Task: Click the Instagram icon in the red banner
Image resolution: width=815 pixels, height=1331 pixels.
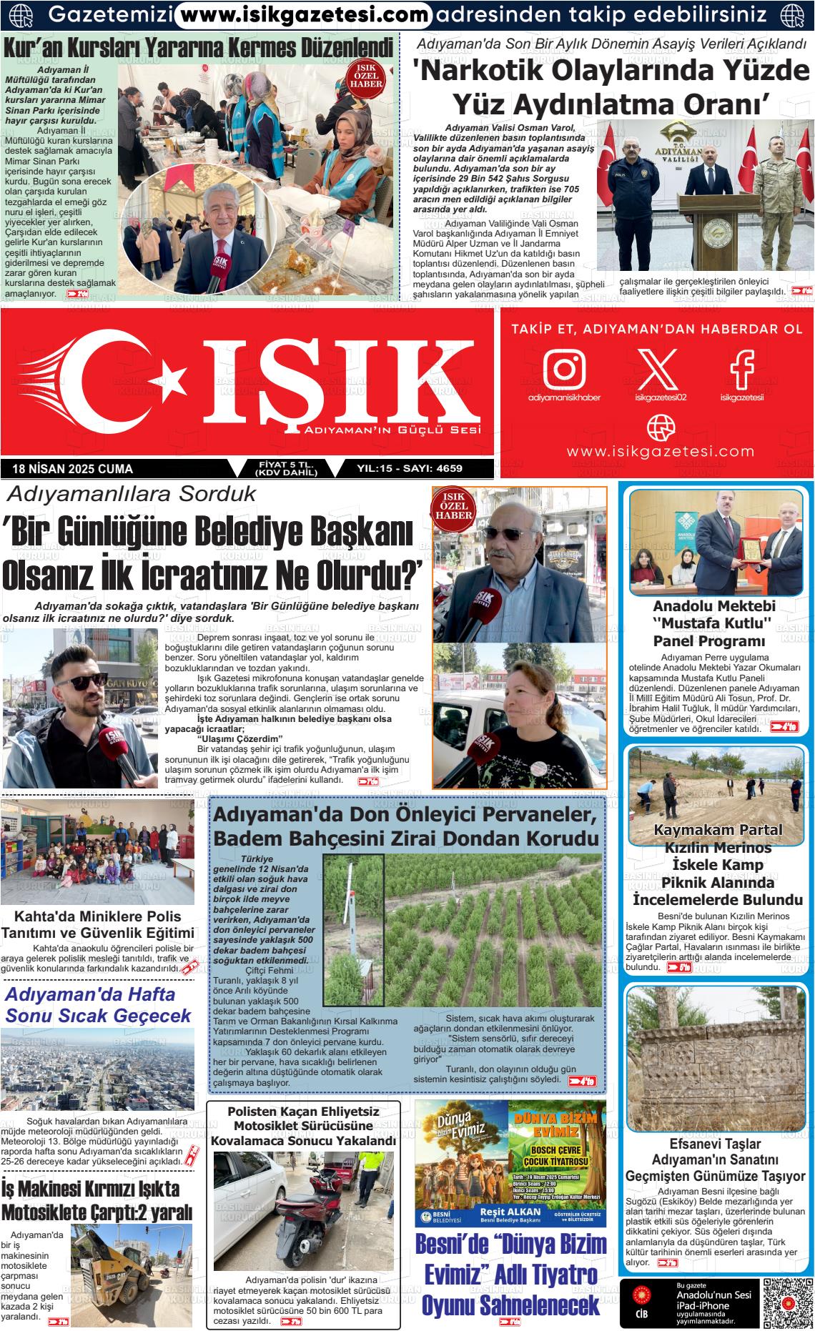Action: click(564, 368)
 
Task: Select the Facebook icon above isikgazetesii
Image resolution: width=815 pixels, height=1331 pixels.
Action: click(741, 368)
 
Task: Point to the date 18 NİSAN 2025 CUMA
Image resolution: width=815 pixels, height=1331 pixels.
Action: click(73, 469)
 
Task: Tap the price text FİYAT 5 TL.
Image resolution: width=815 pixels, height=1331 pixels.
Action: click(285, 465)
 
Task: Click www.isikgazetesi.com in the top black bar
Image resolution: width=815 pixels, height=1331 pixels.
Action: click(302, 14)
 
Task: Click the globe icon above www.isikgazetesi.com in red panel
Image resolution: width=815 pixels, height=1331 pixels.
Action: click(660, 427)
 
